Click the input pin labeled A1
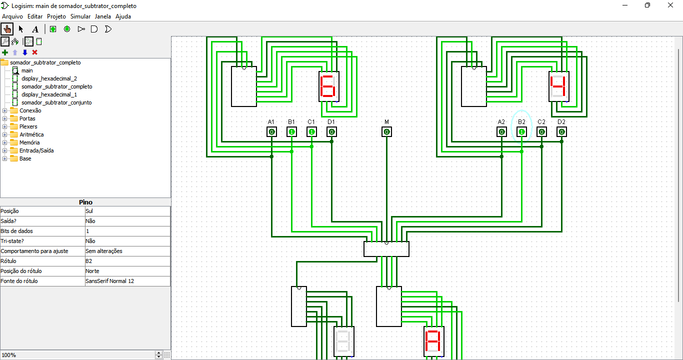pyautogui.click(x=271, y=132)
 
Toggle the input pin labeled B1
pyautogui.click(x=291, y=132)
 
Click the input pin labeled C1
pyautogui.click(x=311, y=132)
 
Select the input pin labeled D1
pyautogui.click(x=331, y=132)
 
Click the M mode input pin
pyautogui.click(x=386, y=132)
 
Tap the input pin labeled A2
pyautogui.click(x=501, y=132)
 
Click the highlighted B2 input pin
pyautogui.click(x=521, y=132)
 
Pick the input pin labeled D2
pyautogui.click(x=561, y=132)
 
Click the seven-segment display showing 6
pyautogui.click(x=329, y=86)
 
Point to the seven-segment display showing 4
pyautogui.click(x=559, y=86)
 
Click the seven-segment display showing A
pyautogui.click(x=434, y=341)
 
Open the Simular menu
pyautogui.click(x=80, y=16)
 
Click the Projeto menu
pyautogui.click(x=56, y=16)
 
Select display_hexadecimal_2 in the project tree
pyautogui.click(x=49, y=78)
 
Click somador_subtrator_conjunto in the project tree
pyautogui.click(x=56, y=102)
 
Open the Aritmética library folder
pyautogui.click(x=31, y=134)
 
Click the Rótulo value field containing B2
pyautogui.click(x=127, y=261)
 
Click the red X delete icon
pyautogui.click(x=35, y=52)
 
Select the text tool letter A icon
pyautogui.click(x=35, y=29)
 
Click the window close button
pyautogui.click(x=670, y=5)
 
